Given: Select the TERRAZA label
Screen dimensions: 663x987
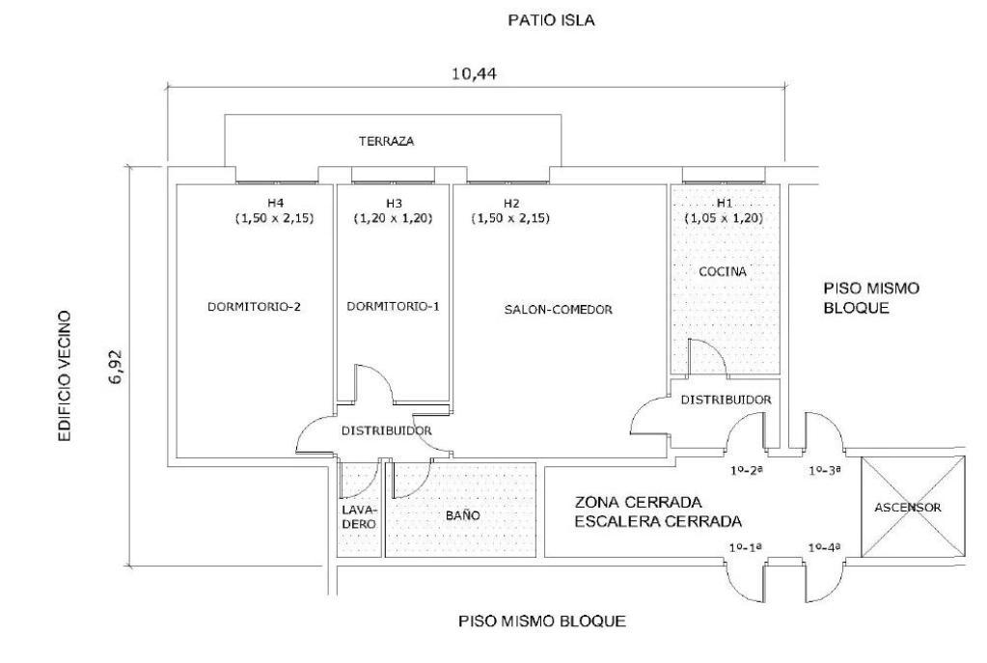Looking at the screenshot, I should point(386,141).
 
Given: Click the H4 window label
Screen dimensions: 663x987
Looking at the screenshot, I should point(276,203).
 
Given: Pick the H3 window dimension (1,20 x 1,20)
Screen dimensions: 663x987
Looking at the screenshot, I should point(393,218).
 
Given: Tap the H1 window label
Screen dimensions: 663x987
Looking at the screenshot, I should point(724,203).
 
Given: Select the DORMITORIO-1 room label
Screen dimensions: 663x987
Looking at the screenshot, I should point(393,307).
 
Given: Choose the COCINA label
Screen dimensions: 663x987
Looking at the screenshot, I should point(724,272).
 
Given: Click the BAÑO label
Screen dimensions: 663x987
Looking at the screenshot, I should point(463,516).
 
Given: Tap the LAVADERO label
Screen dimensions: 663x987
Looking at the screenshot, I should point(359,516).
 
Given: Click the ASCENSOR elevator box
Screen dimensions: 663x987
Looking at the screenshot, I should point(912,507).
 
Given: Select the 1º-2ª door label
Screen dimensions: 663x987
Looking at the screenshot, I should point(746,471).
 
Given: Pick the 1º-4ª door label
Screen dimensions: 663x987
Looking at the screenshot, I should point(827,548).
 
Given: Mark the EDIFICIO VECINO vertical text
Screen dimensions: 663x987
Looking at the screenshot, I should point(65,376).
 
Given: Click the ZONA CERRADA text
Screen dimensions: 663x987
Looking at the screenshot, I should point(636,503).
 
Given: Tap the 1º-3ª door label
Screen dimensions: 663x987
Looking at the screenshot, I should point(826,471).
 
